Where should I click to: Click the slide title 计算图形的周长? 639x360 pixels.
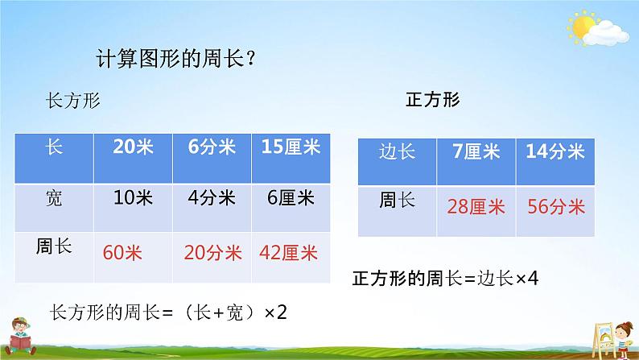tap(176, 59)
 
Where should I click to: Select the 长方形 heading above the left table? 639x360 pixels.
tap(73, 101)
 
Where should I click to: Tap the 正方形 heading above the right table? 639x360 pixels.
tap(433, 100)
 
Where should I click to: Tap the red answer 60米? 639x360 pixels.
tap(122, 253)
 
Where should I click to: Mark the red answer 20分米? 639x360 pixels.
tap(212, 253)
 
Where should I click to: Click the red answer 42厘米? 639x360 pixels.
tap(288, 253)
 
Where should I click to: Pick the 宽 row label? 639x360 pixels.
tap(54, 198)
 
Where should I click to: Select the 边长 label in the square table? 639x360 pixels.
tap(397, 151)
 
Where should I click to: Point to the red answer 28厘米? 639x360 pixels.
tap(476, 206)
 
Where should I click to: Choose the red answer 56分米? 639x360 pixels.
tap(556, 206)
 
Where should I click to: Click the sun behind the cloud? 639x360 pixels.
tap(582, 27)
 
